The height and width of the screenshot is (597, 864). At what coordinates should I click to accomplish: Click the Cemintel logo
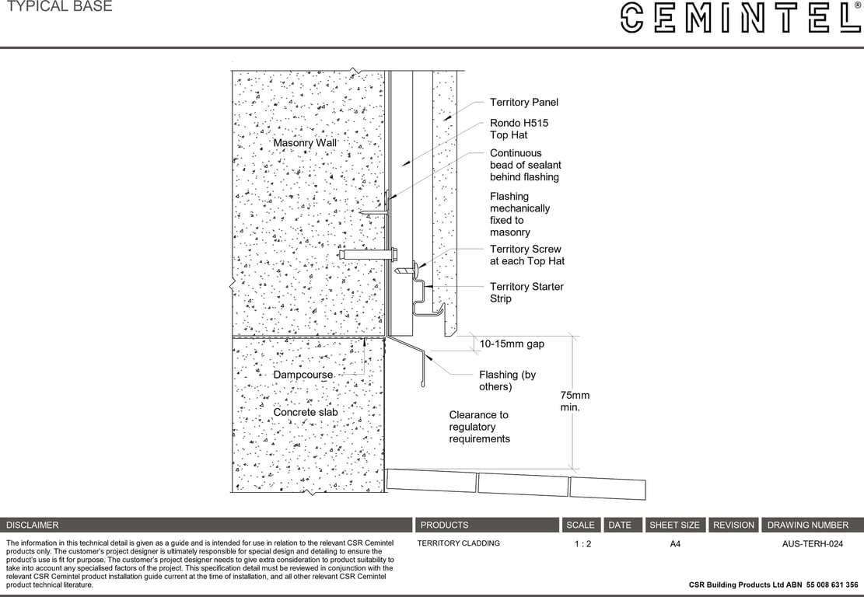click(x=740, y=18)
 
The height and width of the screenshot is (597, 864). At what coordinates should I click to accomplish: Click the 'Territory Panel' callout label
click(x=523, y=102)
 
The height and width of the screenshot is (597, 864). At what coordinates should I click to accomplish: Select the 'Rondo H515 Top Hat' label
click(x=519, y=129)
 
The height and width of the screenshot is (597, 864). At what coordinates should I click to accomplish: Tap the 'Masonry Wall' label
click(x=305, y=143)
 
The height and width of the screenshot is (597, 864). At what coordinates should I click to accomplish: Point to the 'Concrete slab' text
click(x=304, y=412)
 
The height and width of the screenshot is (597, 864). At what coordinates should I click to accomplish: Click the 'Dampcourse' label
click(x=303, y=375)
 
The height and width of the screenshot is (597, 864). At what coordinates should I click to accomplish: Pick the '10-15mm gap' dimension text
click(x=512, y=344)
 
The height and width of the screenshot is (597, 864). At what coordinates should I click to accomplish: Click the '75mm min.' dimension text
click(x=575, y=401)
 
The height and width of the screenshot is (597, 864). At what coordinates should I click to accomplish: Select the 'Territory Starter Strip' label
click(x=526, y=292)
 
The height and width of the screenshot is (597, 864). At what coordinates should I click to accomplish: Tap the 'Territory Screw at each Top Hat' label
click(x=526, y=255)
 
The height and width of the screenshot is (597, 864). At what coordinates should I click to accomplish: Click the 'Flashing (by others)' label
click(x=507, y=381)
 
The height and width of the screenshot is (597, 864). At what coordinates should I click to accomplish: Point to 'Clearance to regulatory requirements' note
click(x=479, y=427)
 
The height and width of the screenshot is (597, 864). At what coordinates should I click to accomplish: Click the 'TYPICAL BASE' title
click(x=59, y=7)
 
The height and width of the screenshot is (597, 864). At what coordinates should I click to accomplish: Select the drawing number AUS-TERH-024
click(x=812, y=544)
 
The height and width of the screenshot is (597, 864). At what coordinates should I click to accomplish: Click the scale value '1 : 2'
click(x=582, y=544)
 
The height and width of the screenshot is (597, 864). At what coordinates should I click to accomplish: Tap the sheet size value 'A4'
click(x=675, y=544)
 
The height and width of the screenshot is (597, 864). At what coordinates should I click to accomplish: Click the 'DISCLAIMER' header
click(x=33, y=525)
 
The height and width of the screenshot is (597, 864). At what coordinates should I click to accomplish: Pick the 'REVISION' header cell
click(x=733, y=525)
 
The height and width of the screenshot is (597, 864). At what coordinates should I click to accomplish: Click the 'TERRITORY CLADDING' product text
click(x=459, y=543)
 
